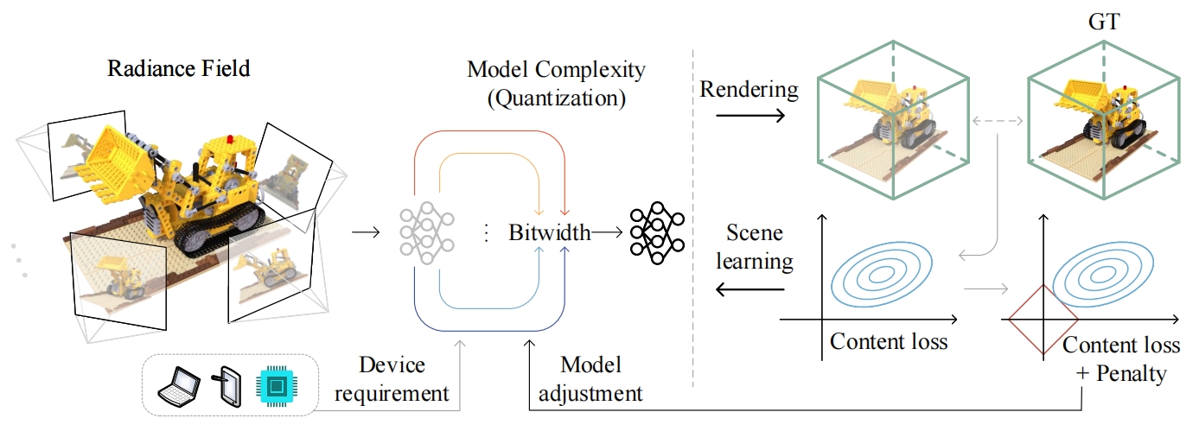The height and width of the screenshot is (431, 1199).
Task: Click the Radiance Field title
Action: pyautogui.click(x=178, y=68)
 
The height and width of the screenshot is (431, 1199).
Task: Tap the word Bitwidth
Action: pyautogui.click(x=549, y=232)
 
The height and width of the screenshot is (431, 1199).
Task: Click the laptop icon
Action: pyautogui.click(x=178, y=386)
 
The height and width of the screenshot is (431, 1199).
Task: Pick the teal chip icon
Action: pyautogui.click(x=276, y=386)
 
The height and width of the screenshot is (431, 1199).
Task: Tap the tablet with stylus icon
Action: pyautogui.click(x=228, y=385)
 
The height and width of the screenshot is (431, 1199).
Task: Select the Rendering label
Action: pyautogui.click(x=749, y=89)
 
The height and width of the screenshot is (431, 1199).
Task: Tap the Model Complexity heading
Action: pyautogui.click(x=556, y=83)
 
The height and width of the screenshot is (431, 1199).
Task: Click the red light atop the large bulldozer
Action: pyautogui.click(x=229, y=139)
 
